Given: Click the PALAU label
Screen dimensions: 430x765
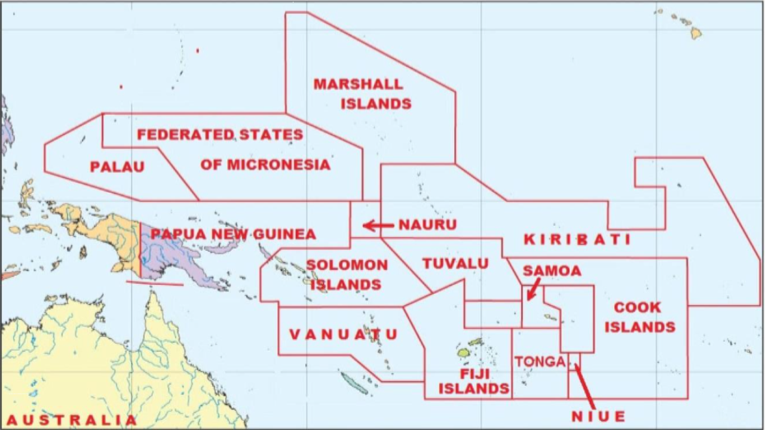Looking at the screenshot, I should (117, 167).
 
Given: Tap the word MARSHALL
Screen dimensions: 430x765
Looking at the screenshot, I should (359, 84).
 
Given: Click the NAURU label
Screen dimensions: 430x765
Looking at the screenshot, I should (427, 225).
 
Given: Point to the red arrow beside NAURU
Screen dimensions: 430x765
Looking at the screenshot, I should (378, 225).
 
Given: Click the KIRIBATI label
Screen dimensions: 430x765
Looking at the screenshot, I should (577, 240).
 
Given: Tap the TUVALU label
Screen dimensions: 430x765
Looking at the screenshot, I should (455, 263).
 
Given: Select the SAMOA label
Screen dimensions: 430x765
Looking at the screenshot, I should (552, 271).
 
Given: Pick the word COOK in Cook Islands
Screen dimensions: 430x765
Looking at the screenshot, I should (638, 308).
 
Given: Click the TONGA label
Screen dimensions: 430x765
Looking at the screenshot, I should (540, 362).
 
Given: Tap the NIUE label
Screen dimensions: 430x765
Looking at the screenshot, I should (598, 416).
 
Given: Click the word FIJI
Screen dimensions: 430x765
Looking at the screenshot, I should (475, 374).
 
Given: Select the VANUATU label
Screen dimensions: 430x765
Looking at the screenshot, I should (344, 334).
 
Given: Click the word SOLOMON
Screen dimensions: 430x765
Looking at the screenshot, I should (347, 265).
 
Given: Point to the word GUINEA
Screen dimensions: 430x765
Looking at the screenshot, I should (286, 234).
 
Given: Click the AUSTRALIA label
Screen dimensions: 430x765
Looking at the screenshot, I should (71, 420).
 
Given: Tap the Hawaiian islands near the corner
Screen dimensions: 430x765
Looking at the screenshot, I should (696, 33).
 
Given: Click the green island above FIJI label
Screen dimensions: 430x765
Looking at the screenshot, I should (463, 353).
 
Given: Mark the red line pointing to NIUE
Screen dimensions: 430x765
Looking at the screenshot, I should (584, 385).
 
